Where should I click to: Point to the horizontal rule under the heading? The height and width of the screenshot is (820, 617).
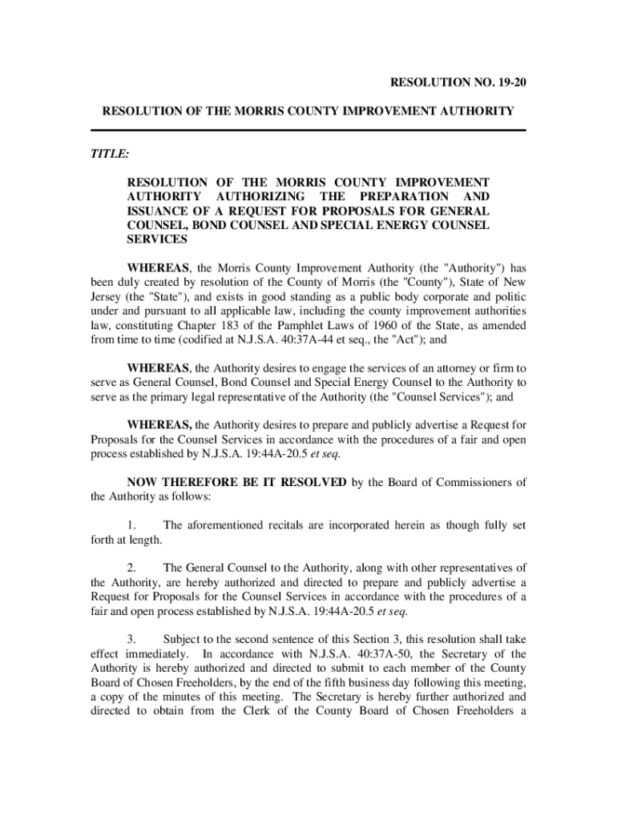point(308,131)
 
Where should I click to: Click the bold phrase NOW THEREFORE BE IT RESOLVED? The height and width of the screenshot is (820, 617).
point(236,482)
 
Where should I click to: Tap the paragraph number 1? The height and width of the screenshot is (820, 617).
point(131,525)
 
